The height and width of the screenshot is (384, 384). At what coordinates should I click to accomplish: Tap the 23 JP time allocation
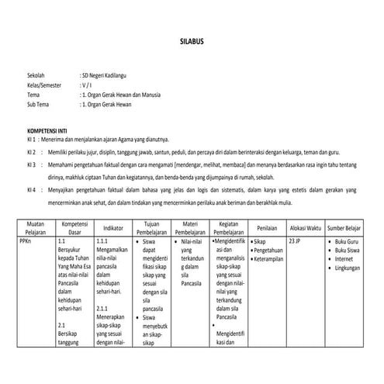click(x=294, y=241)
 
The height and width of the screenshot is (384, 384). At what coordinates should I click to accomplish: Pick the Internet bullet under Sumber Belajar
click(x=347, y=259)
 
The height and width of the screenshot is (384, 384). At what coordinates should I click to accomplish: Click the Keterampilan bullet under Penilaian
click(x=272, y=259)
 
